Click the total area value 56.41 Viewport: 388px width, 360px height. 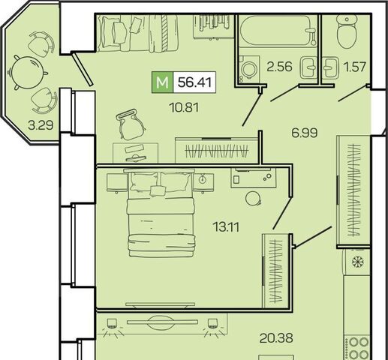(194, 82)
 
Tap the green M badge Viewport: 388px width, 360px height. (162, 82)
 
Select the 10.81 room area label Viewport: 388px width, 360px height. (184, 108)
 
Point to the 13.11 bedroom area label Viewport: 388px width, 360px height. (226, 227)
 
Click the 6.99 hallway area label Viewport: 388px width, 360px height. (305, 133)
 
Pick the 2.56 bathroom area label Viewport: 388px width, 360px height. (279, 67)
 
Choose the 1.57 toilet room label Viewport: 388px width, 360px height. (355, 67)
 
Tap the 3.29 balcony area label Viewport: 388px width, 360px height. (41, 125)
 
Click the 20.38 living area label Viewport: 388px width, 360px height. (276, 338)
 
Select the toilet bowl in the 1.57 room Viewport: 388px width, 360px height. (347, 31)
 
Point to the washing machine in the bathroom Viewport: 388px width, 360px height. (248, 67)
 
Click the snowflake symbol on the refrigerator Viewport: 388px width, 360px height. (358, 262)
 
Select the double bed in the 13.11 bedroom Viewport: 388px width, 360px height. (161, 213)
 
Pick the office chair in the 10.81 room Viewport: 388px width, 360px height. (131, 124)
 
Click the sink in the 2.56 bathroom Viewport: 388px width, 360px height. (309, 67)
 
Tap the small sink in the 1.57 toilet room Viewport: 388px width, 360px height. (330, 67)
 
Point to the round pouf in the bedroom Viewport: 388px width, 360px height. (253, 199)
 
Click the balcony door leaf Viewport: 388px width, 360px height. (83, 68)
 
